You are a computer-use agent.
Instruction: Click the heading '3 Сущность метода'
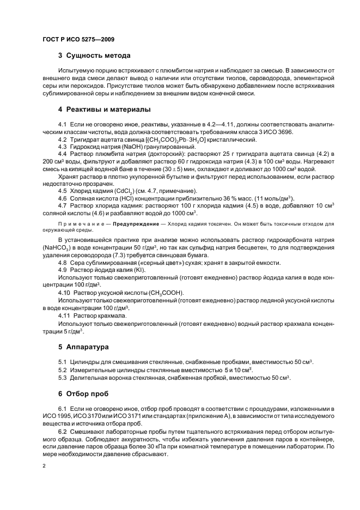pos(94,55)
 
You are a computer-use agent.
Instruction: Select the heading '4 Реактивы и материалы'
pos(104,110)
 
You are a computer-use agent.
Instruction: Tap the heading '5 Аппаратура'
pos(83,346)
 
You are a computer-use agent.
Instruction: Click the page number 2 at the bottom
pos(44,466)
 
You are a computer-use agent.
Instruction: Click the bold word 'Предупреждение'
pos(135,224)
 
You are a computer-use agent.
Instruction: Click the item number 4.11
pos(65,315)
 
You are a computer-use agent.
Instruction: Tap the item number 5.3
pos(63,378)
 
